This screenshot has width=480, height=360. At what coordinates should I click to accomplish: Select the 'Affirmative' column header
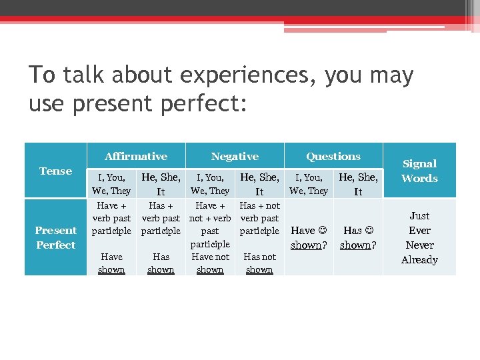click(136, 157)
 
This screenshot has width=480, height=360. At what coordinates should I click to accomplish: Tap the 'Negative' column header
click(235, 157)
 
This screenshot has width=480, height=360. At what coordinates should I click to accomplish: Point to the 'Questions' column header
click(333, 157)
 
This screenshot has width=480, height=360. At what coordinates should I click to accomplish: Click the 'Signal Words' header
click(419, 171)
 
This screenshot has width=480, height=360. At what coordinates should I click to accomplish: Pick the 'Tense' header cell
click(55, 171)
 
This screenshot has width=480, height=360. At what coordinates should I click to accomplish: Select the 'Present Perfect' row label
click(55, 237)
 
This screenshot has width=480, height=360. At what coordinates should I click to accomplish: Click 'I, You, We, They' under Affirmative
click(111, 184)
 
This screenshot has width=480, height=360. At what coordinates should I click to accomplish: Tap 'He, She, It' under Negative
click(259, 184)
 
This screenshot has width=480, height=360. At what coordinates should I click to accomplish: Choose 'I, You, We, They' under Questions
click(309, 184)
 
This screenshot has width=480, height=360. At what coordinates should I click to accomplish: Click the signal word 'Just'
click(419, 216)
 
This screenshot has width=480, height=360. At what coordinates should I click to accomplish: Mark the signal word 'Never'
click(419, 245)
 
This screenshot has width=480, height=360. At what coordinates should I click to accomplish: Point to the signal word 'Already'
click(419, 260)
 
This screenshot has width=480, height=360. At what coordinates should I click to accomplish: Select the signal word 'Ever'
click(419, 231)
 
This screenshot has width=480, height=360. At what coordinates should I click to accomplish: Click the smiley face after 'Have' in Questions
click(323, 231)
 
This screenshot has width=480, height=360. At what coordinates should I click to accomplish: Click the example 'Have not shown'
click(210, 263)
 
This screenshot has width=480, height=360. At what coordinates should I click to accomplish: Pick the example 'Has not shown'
click(259, 263)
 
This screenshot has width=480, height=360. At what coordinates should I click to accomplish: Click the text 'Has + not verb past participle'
click(259, 218)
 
